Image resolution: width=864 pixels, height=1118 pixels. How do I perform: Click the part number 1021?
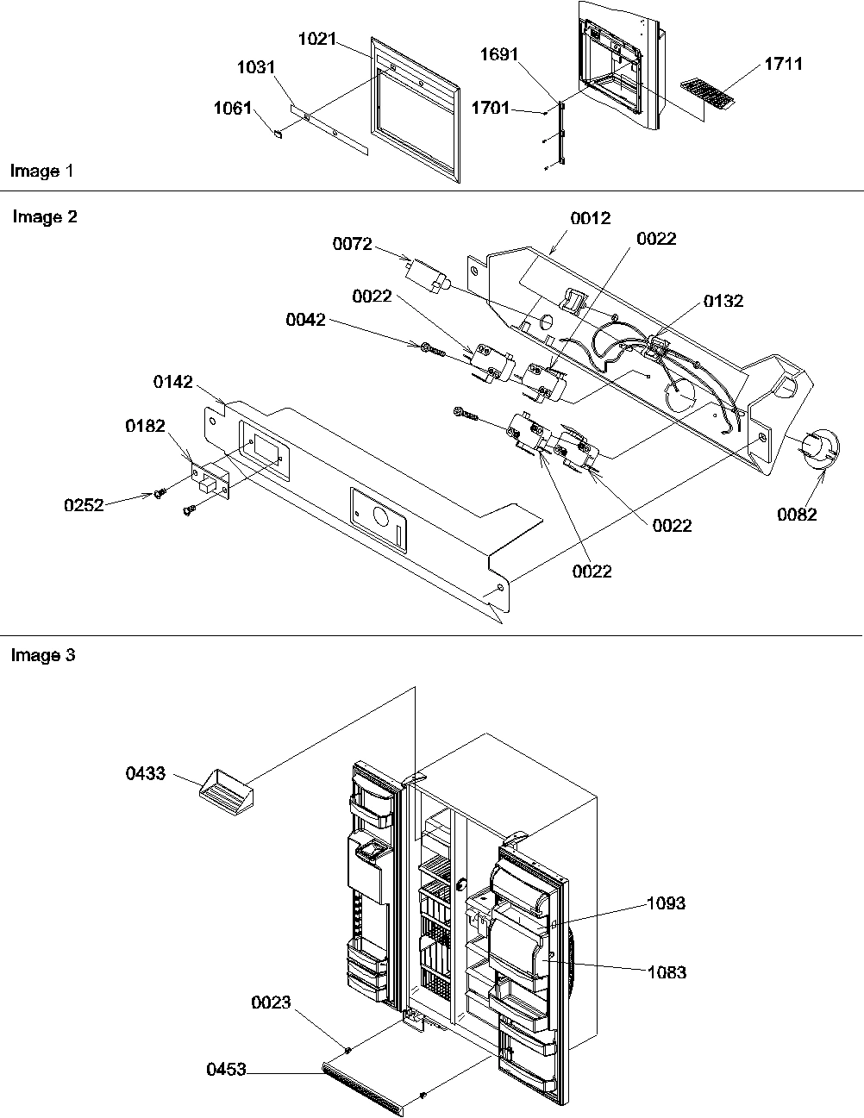pos(316,40)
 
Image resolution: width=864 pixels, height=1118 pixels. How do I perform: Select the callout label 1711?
pos(783,64)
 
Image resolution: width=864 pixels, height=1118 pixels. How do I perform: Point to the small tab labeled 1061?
pos(278,134)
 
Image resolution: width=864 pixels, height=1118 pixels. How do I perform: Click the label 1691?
pos(499,54)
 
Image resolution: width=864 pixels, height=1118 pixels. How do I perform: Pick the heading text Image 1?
pos(41,171)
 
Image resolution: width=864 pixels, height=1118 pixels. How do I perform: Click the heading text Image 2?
pos(45,217)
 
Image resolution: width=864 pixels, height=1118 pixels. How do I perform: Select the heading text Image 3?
pos(43,655)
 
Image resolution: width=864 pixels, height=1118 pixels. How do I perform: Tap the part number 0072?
pos(353,245)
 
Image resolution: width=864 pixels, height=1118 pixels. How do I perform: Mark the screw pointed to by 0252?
pos(160,493)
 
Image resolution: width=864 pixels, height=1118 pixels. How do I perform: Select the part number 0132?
pos(723,301)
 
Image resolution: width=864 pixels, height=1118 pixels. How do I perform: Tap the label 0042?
pos(306,321)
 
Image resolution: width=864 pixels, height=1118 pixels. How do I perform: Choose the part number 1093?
pos(667,903)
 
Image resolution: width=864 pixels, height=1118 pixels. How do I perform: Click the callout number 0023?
pos(272,1003)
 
